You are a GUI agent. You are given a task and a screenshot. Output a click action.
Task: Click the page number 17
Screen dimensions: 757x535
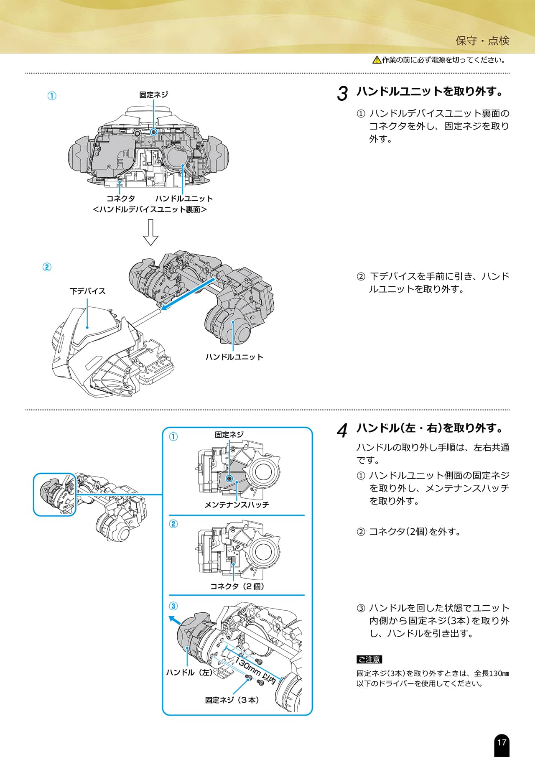point(502,742)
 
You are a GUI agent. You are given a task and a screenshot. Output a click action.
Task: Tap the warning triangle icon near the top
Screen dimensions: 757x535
point(377,60)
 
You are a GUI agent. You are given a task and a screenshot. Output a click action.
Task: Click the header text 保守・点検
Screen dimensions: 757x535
point(482,41)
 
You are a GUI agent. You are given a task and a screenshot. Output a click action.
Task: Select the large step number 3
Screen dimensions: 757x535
point(342,94)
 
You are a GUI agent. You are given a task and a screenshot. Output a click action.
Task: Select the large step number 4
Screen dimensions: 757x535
point(342,431)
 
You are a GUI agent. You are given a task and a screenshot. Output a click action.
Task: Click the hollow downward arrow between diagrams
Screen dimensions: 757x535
point(150,232)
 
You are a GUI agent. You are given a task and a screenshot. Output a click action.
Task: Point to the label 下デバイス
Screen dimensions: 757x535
point(87,291)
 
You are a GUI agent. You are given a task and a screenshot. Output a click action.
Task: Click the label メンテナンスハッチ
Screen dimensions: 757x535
point(237,505)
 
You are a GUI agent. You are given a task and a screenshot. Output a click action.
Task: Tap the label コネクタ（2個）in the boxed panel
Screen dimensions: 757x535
point(237,586)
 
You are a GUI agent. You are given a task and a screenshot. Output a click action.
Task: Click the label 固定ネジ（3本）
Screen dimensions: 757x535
point(232,700)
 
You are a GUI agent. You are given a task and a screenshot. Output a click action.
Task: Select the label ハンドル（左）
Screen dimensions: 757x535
point(189,673)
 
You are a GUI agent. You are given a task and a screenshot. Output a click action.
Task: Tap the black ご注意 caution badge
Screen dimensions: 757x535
point(369,660)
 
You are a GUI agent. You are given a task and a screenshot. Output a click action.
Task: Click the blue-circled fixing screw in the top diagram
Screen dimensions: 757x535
point(153,132)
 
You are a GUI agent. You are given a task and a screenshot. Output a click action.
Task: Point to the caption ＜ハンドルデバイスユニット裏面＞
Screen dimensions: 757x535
point(150,209)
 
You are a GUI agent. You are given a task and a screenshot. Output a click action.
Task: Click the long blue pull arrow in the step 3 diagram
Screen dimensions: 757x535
point(188,293)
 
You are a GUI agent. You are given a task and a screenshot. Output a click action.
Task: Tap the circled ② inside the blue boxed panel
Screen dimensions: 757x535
point(173,524)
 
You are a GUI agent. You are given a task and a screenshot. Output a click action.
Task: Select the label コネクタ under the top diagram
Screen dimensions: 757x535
point(120,199)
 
